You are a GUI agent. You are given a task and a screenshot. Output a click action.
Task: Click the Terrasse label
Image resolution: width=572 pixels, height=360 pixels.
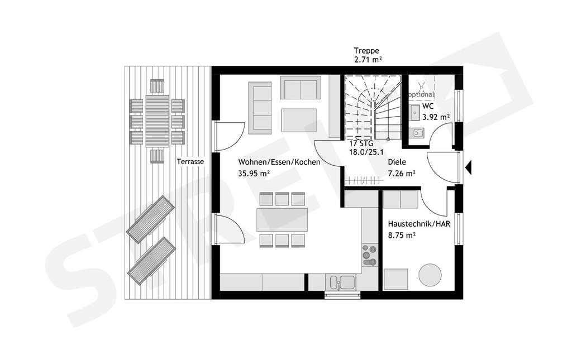(190, 162)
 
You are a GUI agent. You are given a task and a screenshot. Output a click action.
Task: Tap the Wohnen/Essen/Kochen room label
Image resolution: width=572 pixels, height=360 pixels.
(279, 162)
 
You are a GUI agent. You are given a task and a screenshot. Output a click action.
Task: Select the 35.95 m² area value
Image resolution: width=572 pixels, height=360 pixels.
(254, 174)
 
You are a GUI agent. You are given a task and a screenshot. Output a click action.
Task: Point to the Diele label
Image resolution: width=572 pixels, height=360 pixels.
(397, 162)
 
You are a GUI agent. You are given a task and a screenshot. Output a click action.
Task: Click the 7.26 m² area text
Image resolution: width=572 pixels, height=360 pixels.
(402, 174)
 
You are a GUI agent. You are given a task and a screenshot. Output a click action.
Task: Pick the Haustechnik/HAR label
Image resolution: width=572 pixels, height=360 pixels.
(419, 224)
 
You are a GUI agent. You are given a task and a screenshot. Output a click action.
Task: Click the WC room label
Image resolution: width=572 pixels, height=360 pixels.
(428, 106)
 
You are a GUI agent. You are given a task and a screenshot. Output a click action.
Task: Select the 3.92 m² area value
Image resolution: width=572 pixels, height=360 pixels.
(436, 117)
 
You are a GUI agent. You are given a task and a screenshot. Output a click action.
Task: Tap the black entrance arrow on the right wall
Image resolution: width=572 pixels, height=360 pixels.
(469, 166)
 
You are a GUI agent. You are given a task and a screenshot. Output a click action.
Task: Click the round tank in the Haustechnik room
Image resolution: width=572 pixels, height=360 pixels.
(431, 275)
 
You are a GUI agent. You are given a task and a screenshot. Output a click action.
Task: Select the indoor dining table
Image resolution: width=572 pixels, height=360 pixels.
(283, 220)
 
